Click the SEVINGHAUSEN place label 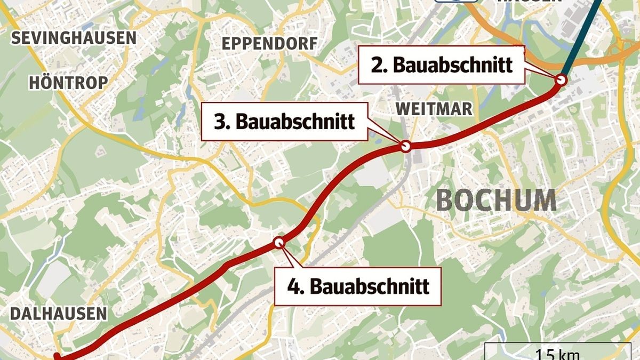click(74, 38)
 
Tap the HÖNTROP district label click(68, 83)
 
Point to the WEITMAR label click(434, 109)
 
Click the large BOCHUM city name click(497, 201)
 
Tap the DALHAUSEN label click(58, 314)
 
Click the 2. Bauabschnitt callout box click(441, 65)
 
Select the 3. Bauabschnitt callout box click(285, 122)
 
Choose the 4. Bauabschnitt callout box click(358, 286)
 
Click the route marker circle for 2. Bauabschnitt click(561, 80)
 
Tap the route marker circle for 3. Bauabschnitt click(405, 146)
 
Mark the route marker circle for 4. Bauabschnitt click(279, 243)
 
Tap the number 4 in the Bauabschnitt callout click(292, 286)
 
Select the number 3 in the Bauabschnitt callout click(219, 122)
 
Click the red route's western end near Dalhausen click(58, 357)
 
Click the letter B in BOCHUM click(445, 201)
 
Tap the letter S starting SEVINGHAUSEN click(15, 38)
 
